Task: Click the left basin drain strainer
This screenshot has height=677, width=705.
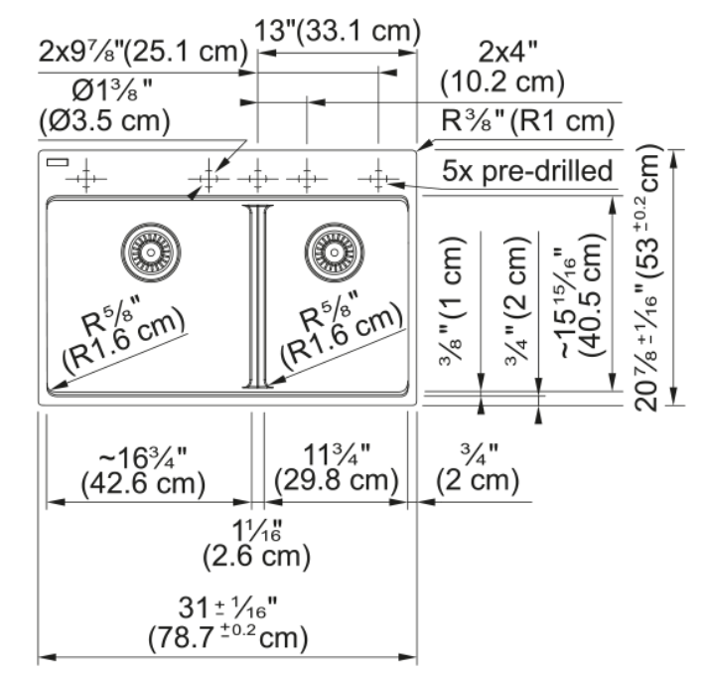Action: [x=151, y=253]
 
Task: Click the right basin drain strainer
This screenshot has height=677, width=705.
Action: [x=334, y=253]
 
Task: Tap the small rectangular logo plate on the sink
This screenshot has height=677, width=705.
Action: [x=58, y=162]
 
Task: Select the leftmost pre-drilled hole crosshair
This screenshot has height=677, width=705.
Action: [x=85, y=179]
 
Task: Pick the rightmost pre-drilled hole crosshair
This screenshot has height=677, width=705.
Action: [x=378, y=179]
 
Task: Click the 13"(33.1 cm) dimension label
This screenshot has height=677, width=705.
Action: [x=338, y=31]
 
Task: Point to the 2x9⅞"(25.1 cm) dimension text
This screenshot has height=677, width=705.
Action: [x=143, y=52]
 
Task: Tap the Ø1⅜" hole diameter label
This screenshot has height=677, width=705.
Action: [x=112, y=90]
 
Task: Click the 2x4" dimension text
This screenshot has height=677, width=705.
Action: [x=508, y=52]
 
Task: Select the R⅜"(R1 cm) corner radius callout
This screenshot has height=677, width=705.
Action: [x=528, y=120]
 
